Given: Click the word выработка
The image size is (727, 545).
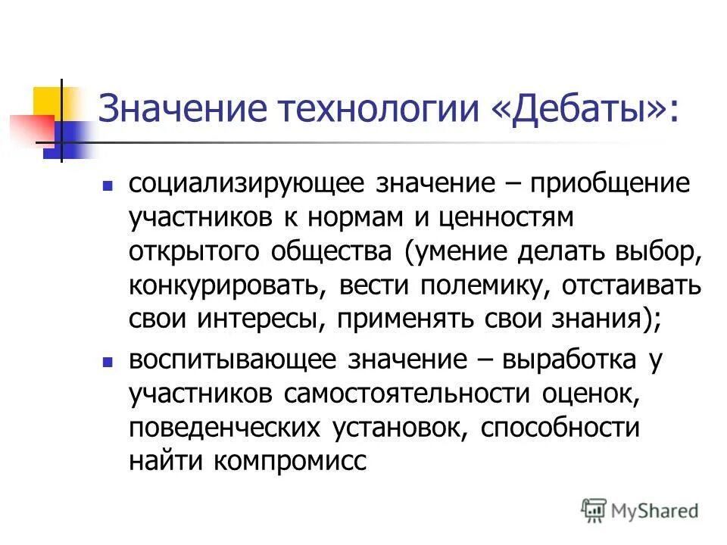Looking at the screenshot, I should tap(567, 360).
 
